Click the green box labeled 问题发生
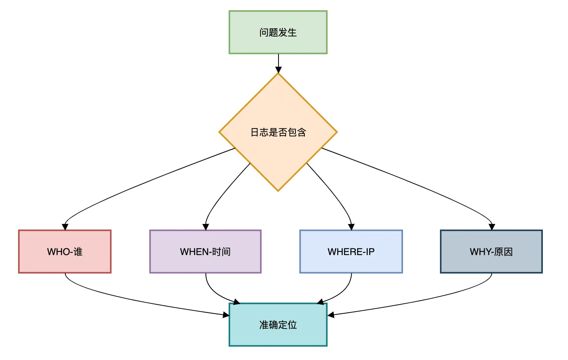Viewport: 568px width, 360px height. tap(278, 32)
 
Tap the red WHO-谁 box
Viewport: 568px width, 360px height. tap(65, 252)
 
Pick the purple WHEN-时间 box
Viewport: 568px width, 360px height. tap(205, 252)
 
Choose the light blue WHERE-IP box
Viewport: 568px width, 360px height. tap(351, 252)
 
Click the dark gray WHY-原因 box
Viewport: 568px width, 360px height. tap(491, 252)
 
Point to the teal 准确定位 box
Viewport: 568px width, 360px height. tap(278, 325)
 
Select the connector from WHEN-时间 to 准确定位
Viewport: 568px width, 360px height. tap(214, 293)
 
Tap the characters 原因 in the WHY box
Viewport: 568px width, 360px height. tap(504, 252)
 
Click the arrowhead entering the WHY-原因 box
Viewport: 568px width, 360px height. tap(491, 227)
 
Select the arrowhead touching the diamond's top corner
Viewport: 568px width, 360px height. tap(278, 70)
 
